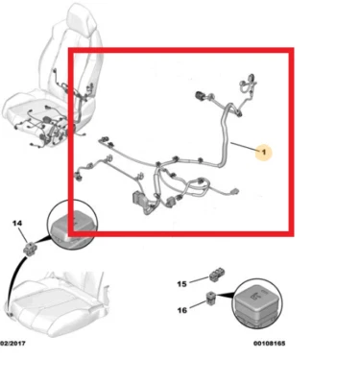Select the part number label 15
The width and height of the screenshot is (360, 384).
click(180, 285)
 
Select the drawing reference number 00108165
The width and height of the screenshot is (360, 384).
click(273, 341)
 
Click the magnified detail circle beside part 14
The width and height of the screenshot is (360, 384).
click(73, 224)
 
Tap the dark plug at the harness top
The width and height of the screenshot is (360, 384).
click(201, 95)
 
